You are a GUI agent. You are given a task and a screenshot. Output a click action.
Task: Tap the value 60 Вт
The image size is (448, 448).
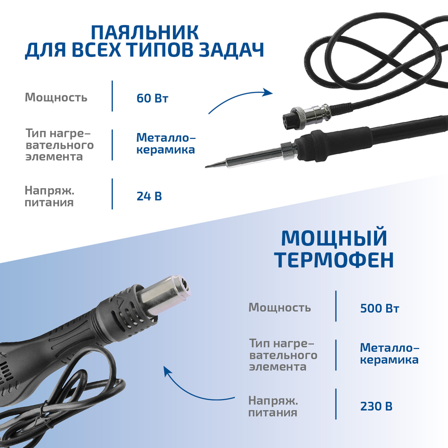pos(152,98)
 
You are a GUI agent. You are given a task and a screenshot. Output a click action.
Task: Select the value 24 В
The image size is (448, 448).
pos(149,196)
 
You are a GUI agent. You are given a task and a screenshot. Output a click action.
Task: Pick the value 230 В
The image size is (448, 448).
pos(376,406)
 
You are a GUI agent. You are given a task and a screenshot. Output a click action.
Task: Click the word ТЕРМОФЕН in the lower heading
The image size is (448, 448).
pos(334,260)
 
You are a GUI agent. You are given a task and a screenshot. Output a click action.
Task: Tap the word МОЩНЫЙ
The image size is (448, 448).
pos(334,238)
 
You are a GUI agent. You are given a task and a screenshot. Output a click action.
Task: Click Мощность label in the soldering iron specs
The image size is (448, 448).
pos(56,98)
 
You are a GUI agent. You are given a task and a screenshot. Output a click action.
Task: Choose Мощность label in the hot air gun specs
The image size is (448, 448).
pos(280,308)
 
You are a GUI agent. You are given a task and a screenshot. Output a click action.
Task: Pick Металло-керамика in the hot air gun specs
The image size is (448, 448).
pos(389,353)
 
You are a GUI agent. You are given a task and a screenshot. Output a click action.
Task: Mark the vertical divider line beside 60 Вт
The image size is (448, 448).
pos(112,96)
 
